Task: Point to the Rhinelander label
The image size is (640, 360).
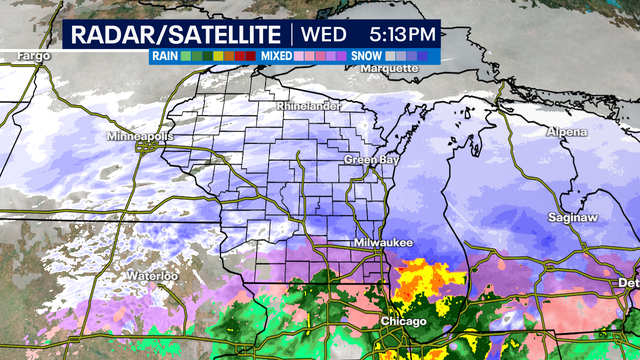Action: point(309,105)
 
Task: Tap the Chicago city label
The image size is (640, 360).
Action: point(403,321)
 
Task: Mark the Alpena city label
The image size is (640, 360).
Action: point(567,132)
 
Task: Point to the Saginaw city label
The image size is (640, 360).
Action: point(572,217)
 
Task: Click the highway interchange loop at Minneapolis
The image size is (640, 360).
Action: point(146,147)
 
